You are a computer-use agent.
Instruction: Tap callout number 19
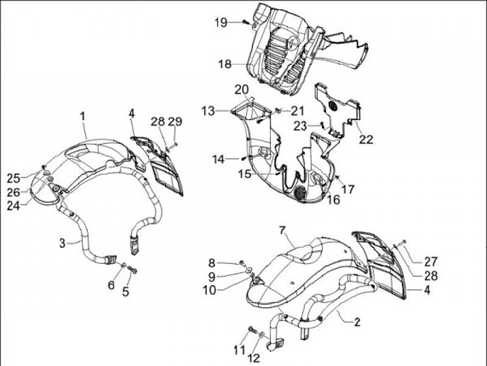[x=221, y=23]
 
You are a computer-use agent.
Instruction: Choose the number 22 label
[x=366, y=139]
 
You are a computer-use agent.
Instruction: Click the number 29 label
[x=175, y=121]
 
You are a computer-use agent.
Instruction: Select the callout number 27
[x=431, y=262]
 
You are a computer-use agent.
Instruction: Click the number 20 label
[x=241, y=89]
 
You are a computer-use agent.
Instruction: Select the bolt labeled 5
[x=133, y=271]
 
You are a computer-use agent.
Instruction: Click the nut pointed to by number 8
[x=241, y=262]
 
